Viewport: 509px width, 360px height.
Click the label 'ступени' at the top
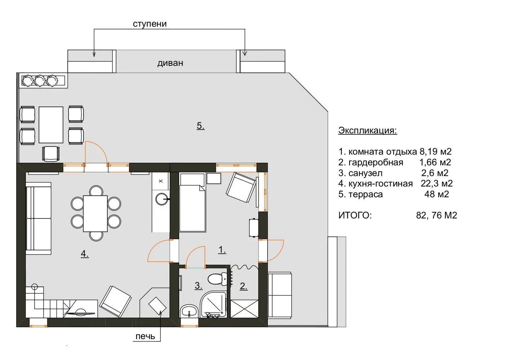(x=149, y=24)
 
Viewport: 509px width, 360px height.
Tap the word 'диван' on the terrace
(x=170, y=63)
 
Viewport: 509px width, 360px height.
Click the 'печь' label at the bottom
(x=145, y=336)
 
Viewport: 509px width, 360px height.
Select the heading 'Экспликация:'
(x=367, y=130)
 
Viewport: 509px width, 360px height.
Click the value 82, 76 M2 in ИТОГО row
(x=436, y=216)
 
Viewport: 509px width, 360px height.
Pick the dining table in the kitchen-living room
(x=95, y=213)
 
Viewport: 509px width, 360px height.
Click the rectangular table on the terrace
(x=51, y=125)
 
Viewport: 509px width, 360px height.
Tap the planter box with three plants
(x=44, y=81)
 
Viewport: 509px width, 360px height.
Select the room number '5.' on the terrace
(x=201, y=126)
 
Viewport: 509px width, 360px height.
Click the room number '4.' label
(x=84, y=254)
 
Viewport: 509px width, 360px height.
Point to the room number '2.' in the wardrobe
(x=244, y=287)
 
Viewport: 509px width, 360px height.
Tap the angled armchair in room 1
(x=241, y=188)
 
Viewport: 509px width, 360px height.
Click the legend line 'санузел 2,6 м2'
(x=393, y=173)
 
